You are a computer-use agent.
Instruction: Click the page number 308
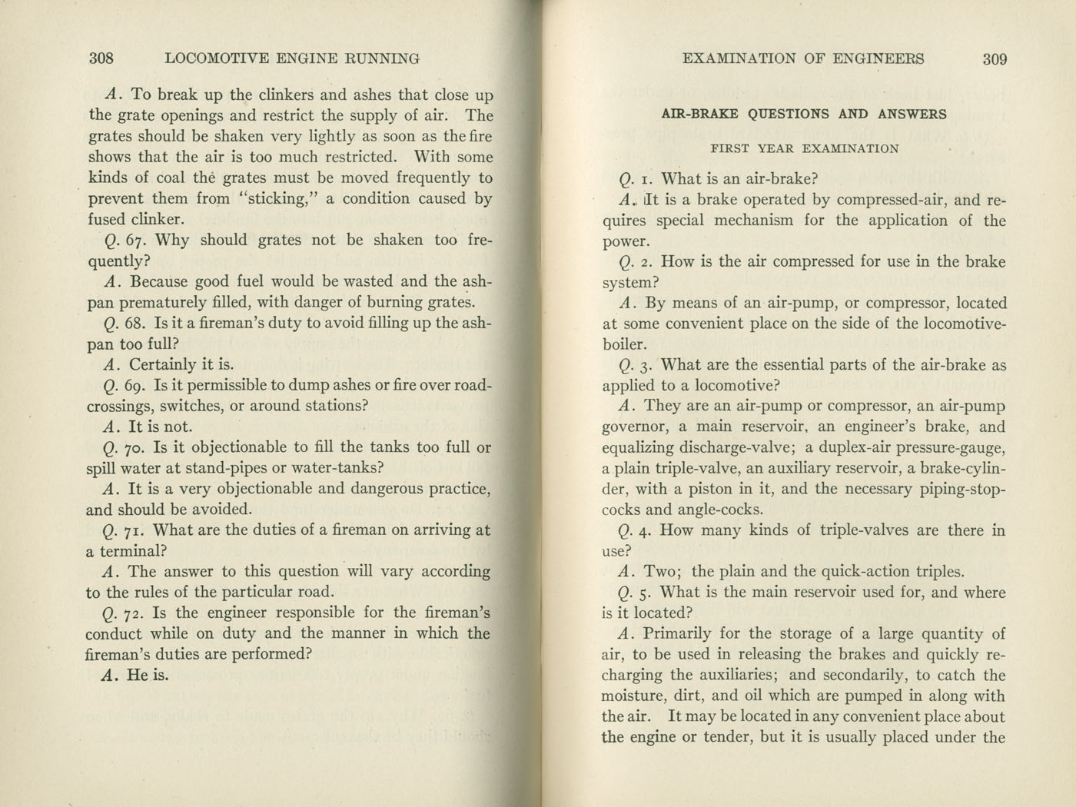(x=101, y=58)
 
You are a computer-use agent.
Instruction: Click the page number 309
(x=995, y=59)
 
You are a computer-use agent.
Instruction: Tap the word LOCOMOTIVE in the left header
(x=216, y=58)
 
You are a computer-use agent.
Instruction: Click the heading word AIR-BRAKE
(x=699, y=115)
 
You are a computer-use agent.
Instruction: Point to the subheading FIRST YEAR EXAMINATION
(x=804, y=149)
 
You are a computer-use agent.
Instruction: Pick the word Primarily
(x=682, y=635)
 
